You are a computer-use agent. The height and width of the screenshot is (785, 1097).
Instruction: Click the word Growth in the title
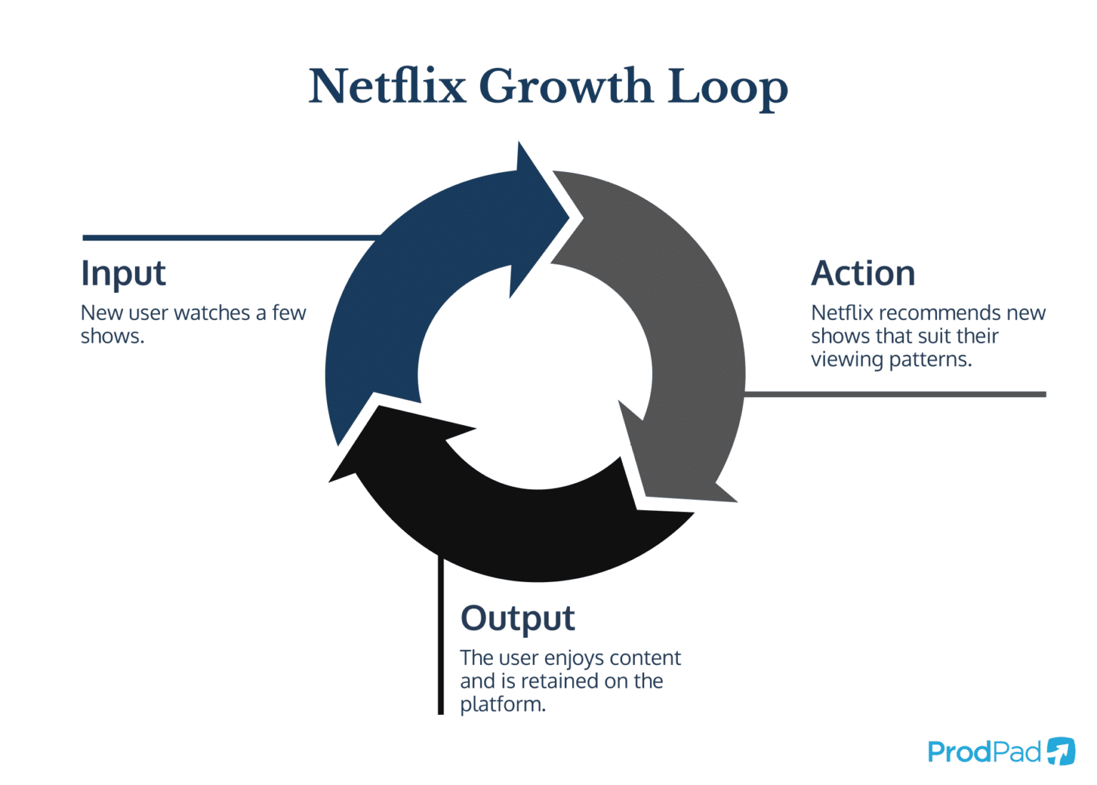(566, 86)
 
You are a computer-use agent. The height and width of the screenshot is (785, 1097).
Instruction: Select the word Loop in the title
(727, 86)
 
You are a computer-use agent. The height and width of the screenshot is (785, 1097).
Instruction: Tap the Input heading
(123, 274)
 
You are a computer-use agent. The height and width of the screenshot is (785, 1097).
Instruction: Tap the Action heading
(863, 274)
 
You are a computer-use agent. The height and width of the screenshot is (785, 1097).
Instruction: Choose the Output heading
(517, 619)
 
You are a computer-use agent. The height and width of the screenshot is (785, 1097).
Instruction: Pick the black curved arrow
(529, 532)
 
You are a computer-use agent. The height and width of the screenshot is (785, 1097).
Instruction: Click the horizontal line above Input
(229, 237)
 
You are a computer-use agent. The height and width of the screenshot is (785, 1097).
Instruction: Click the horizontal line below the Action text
(893, 394)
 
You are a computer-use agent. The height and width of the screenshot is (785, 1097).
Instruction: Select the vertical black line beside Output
(441, 636)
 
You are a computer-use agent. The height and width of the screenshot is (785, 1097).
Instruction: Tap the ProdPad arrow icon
(1061, 751)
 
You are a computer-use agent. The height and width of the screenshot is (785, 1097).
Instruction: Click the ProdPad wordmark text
(984, 752)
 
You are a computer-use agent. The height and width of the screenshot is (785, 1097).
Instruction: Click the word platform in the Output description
(501, 704)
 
